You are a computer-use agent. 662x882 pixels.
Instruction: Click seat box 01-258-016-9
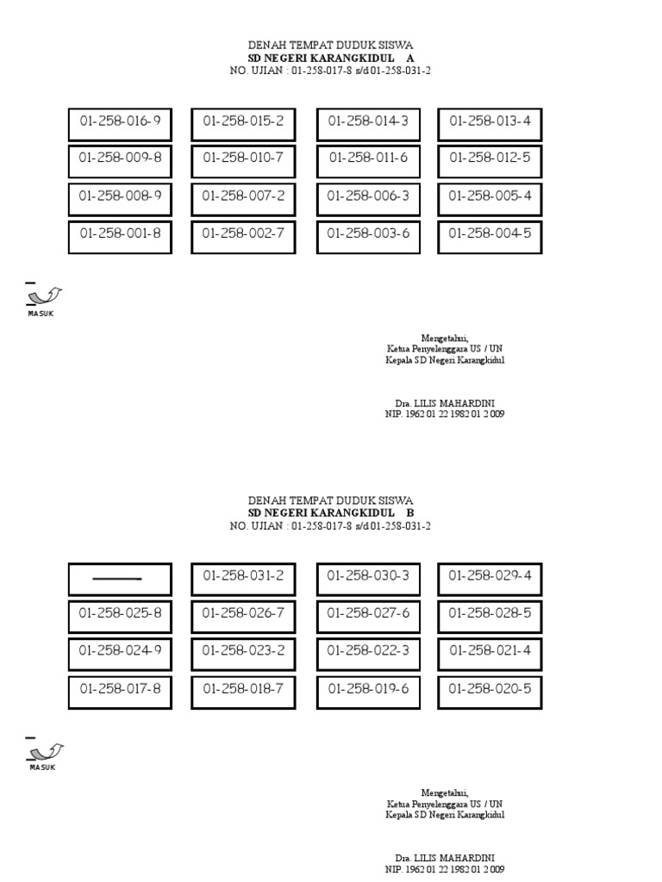point(120,123)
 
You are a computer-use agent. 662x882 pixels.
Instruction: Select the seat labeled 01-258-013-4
point(490,123)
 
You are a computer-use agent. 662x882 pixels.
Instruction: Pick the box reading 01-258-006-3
point(368,198)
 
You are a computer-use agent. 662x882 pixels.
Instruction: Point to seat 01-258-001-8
point(120,235)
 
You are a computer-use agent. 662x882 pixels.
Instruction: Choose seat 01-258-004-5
point(490,235)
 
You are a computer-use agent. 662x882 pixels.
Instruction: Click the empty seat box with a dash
point(120,579)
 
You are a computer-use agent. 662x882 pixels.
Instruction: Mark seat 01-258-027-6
point(368,616)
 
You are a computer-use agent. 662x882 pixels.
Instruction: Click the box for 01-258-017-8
point(120,691)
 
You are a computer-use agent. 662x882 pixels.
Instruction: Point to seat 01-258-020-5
point(490,691)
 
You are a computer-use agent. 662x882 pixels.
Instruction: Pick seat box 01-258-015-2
point(243,123)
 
